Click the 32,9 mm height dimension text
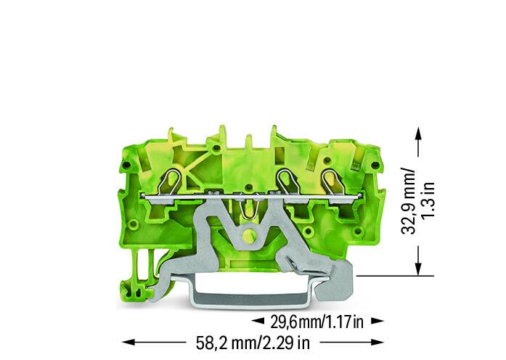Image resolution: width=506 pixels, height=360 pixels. tap(408, 200)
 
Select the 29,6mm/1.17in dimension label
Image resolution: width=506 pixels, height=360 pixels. tap(317, 322)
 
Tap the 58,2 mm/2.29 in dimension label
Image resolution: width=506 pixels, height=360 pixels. tap(253, 343)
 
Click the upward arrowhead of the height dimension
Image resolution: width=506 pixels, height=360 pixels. tap(418, 134)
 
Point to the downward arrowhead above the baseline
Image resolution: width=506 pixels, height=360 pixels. tap(418, 269)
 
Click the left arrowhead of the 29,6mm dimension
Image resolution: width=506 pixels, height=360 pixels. tap(258, 321)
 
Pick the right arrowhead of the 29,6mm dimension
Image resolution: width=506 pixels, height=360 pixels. tap(378, 321)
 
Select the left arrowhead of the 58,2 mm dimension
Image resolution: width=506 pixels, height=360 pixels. tap(128, 342)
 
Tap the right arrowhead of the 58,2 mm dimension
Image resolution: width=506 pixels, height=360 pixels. tap(378, 342)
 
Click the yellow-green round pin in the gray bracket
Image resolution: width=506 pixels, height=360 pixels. tap(249, 234)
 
